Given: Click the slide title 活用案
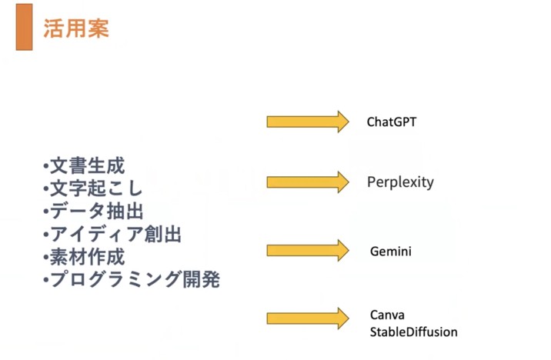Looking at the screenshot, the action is (x=76, y=28).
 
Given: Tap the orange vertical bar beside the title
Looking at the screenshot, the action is (x=25, y=27).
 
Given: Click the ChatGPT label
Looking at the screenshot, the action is (x=392, y=122).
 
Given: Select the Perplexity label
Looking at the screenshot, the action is (x=400, y=182).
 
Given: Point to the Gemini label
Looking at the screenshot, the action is (x=391, y=252).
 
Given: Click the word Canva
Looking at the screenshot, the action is (x=387, y=315).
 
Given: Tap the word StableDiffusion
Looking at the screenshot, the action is (x=413, y=332).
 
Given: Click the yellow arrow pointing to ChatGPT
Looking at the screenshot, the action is (x=308, y=122).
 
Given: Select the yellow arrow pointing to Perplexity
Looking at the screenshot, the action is (x=308, y=182).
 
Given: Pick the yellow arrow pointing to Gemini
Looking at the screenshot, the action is (x=308, y=251).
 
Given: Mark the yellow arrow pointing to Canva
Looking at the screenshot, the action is (x=308, y=318).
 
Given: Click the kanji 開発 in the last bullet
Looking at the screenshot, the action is (x=202, y=279).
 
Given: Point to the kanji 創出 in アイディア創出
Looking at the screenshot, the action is (x=163, y=235).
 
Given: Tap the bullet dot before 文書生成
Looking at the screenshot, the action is (x=45, y=166).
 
